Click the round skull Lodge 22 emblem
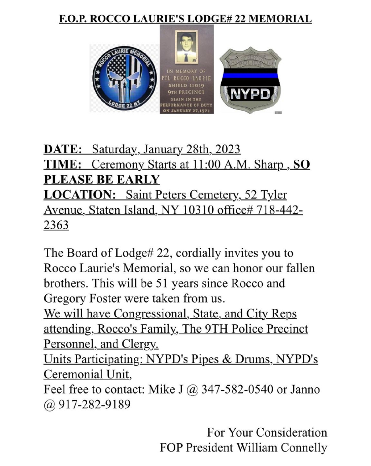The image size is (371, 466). [124, 78]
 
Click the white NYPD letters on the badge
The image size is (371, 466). [250, 94]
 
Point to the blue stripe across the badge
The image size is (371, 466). [250, 76]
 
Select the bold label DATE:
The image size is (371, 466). [62, 149]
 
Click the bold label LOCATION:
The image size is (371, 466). [79, 195]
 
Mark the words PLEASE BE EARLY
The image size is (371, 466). [102, 180]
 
